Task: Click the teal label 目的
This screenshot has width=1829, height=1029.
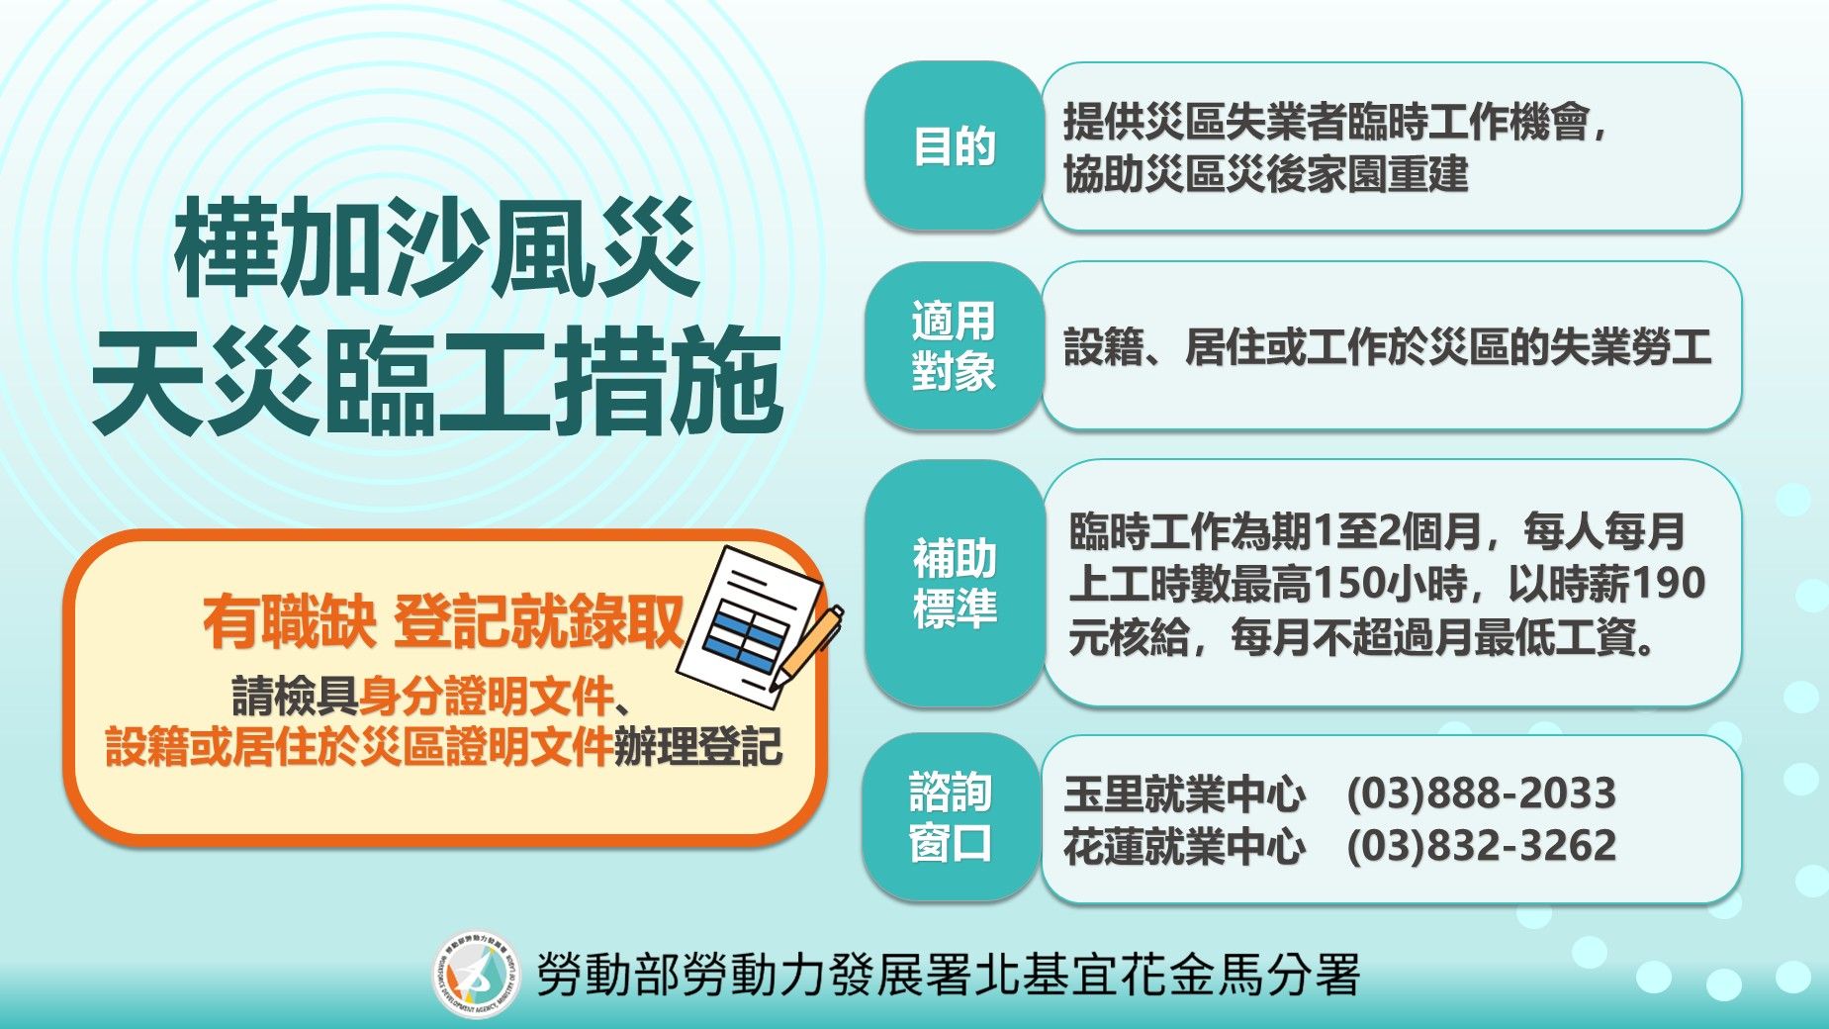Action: pyautogui.click(x=954, y=147)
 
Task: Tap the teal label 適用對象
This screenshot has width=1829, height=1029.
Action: pyautogui.click(x=954, y=346)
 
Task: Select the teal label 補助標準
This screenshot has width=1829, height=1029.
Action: pyautogui.click(x=954, y=584)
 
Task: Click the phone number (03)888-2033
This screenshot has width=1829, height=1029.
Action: pyautogui.click(x=1481, y=794)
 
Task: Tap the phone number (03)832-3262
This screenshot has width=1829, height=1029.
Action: pyautogui.click(x=1481, y=846)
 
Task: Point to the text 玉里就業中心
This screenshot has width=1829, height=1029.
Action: pyautogui.click(x=1184, y=794)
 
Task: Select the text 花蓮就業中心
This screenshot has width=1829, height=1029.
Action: pyautogui.click(x=1184, y=846)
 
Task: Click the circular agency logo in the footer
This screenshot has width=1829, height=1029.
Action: pyautogui.click(x=477, y=975)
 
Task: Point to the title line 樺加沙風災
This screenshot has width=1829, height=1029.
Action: pyautogui.click(x=436, y=247)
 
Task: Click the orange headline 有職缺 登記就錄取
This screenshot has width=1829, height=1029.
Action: pyautogui.click(x=442, y=622)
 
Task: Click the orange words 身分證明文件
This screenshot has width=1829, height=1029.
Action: pyautogui.click(x=486, y=698)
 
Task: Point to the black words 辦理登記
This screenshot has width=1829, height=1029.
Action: pyautogui.click(x=697, y=747)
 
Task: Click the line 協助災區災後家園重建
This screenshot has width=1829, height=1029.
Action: pyautogui.click(x=1265, y=174)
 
